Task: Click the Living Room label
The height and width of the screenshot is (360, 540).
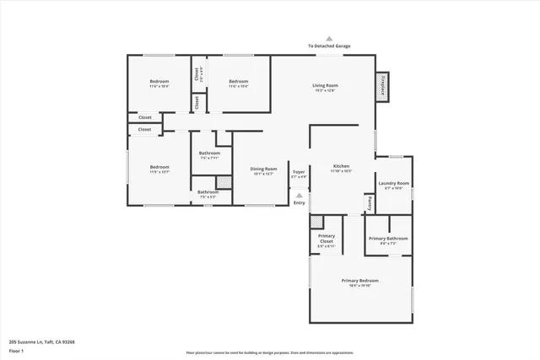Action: point(325,85)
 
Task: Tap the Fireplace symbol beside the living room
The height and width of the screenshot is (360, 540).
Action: point(384,86)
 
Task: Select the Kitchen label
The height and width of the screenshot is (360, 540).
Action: point(341,166)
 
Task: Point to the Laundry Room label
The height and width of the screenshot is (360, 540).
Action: point(393,183)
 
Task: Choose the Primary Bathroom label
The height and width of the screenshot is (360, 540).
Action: point(388,239)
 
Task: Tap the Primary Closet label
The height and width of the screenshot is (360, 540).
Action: point(327,239)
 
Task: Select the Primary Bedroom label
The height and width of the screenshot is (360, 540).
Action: point(359,280)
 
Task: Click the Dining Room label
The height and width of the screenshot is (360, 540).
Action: point(263,169)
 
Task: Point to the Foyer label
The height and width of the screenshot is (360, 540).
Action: point(299,172)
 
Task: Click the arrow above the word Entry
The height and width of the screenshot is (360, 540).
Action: point(299,195)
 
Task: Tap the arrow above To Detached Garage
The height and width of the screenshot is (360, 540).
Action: point(329,38)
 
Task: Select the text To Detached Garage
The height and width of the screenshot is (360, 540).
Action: point(329,46)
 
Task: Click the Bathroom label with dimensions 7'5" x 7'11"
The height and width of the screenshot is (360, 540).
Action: point(208,153)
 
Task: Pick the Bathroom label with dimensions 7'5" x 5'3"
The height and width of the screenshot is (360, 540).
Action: point(208,192)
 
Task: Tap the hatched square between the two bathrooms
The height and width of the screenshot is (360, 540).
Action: point(224,182)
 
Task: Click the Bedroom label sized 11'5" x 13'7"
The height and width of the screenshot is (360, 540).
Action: point(160,166)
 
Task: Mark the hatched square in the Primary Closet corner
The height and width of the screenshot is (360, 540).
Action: point(316,222)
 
